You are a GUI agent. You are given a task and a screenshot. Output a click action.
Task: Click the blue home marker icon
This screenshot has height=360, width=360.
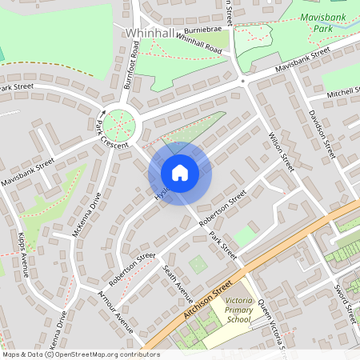(180, 173)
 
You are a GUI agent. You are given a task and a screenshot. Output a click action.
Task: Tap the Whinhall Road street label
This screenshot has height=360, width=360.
(198, 43)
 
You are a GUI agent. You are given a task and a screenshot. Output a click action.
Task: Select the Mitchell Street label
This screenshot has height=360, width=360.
(342, 94)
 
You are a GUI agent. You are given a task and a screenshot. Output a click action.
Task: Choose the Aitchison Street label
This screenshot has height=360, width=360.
(206, 300)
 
